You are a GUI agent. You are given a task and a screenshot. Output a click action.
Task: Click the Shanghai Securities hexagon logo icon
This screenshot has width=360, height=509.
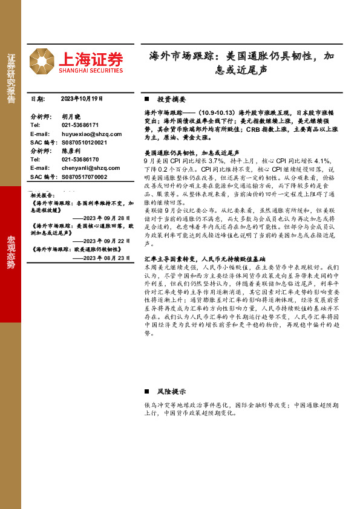point(42,62)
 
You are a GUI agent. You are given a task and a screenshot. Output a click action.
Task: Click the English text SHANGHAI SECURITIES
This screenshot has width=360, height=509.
point(91,70)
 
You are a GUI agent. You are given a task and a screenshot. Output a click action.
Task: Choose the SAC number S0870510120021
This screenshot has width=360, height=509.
point(84,142)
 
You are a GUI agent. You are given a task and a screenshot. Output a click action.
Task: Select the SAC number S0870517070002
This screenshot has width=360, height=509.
point(84,177)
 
